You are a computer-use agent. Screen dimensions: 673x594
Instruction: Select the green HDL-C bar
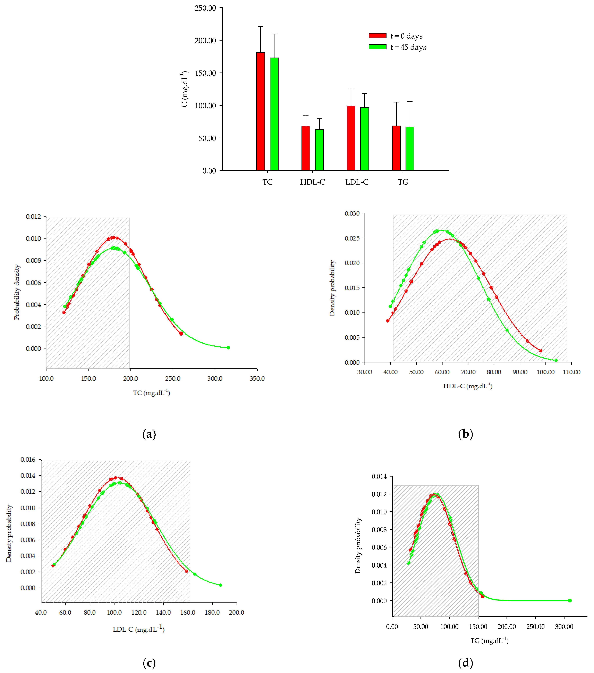point(319,150)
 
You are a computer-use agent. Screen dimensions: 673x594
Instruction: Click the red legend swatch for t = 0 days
point(377,36)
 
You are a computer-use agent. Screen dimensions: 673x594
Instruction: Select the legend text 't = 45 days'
point(408,47)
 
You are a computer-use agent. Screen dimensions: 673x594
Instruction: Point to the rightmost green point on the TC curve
point(228,348)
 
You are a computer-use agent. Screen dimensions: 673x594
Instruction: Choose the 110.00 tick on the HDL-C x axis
point(571,372)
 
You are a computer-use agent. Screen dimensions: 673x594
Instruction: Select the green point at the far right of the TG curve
point(570,601)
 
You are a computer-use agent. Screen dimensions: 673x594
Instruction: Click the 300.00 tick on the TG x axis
point(564,627)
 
